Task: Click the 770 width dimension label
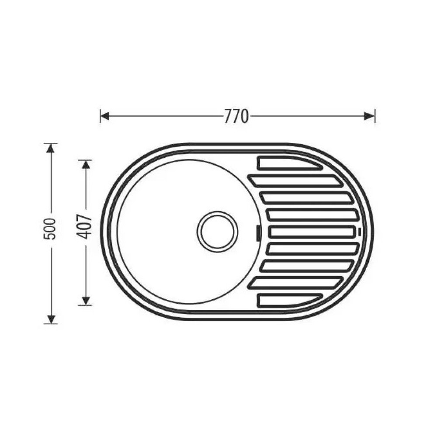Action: [236, 116]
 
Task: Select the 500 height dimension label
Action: [50, 229]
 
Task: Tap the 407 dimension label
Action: [84, 226]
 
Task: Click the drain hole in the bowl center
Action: [218, 232]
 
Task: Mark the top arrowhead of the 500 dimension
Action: [50, 148]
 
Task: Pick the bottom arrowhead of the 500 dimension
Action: [51, 319]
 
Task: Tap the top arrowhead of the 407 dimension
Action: [86, 165]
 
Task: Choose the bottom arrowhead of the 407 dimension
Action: [86, 301]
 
